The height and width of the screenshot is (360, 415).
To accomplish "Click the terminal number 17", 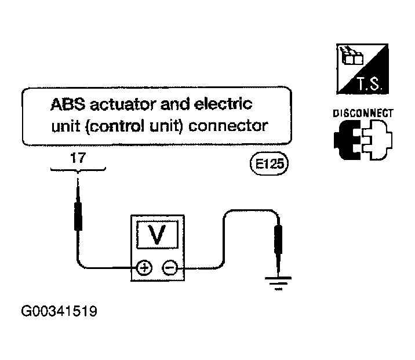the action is tap(78, 158).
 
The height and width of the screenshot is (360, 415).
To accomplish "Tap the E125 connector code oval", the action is tap(269, 164).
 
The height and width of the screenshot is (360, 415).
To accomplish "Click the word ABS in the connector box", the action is tap(68, 104).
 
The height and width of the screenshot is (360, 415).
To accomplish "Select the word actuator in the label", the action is tap(123, 104).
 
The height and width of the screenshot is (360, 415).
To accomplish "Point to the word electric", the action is tap(223, 104).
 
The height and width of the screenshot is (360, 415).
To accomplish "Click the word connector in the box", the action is tap(228, 126).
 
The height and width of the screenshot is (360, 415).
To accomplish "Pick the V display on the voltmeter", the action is tap(158, 235).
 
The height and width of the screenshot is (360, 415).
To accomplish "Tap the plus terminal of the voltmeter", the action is tap(144, 268).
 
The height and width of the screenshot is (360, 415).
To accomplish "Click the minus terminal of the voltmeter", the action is tap(170, 268).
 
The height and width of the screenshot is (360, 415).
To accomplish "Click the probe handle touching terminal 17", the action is tap(78, 216).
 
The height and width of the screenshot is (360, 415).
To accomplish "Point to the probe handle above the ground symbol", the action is tap(278, 239).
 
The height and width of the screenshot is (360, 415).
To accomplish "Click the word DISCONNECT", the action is tap(363, 113).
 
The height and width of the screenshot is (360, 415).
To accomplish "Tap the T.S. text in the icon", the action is tap(370, 84).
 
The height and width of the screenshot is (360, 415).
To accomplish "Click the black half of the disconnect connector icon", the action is tap(348, 140).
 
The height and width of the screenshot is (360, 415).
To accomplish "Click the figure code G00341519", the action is tap(59, 311).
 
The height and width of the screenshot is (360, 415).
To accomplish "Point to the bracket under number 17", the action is tap(78, 169).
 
